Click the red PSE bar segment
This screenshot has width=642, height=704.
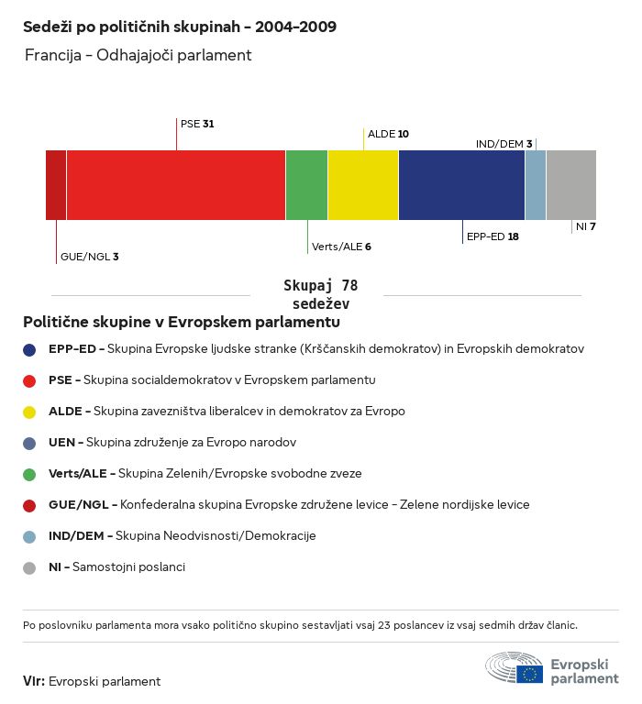(x=176, y=185)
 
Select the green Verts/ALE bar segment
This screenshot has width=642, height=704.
(x=306, y=185)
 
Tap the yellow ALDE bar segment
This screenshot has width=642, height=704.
(x=363, y=185)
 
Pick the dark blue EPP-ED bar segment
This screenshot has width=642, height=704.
(x=461, y=185)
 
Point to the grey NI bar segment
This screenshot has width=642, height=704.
(x=570, y=185)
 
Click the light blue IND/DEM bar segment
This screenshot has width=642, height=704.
(x=536, y=185)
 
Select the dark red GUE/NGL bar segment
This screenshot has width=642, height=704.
(x=56, y=185)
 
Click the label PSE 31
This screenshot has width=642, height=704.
(x=197, y=123)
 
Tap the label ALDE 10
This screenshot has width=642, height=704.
(x=388, y=134)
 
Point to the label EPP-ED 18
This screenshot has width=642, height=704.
(x=493, y=236)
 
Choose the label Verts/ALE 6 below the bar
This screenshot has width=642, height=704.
(x=341, y=247)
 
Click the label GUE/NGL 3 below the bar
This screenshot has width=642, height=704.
(x=89, y=257)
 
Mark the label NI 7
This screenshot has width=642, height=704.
(x=586, y=226)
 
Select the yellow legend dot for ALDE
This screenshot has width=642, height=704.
(x=29, y=412)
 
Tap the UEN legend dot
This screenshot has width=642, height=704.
(x=29, y=443)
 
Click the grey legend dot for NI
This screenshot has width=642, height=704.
(x=29, y=567)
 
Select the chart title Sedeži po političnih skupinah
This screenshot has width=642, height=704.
(x=180, y=27)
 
